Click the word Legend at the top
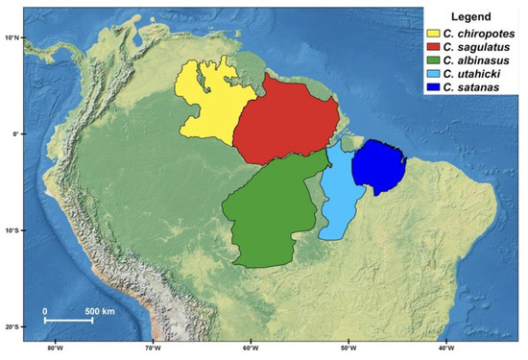(x=468, y=16)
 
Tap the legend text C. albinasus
(x=481, y=60)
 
